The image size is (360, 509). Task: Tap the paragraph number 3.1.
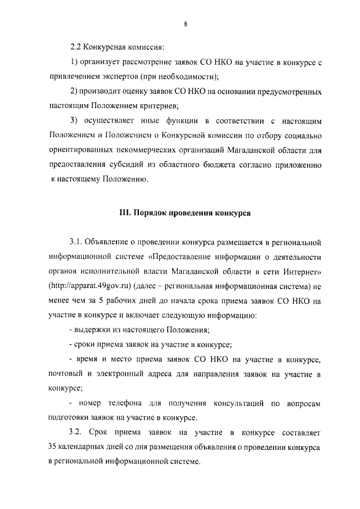[76, 242]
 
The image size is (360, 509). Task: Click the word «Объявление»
[109, 242]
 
